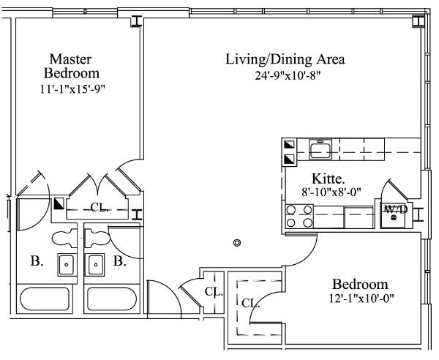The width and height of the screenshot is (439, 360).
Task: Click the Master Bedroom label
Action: point(72,67)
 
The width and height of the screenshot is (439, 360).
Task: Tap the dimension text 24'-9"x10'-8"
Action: point(288,75)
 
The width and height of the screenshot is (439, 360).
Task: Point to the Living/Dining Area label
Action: point(285,59)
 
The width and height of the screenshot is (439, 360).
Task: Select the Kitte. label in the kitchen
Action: point(328,179)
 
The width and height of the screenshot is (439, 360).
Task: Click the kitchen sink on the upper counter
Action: point(320,149)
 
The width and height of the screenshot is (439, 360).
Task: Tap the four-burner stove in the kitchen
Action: point(299,217)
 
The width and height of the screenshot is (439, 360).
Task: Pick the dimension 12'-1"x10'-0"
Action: point(361,299)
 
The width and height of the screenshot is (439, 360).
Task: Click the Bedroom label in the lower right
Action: point(360,285)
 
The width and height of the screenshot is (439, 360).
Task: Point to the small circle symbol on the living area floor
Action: point(237,243)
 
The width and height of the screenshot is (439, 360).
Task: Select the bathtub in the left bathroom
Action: point(45,299)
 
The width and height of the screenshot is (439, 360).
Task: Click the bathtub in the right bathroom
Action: point(112,299)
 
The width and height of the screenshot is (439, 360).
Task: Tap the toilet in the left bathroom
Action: point(64,239)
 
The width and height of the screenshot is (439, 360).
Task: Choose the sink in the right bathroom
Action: point(95,265)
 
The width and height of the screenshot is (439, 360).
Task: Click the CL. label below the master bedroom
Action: point(100,208)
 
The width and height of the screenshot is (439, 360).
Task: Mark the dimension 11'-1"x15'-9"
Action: point(72,89)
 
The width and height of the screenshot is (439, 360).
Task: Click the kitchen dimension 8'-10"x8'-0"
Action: point(331,192)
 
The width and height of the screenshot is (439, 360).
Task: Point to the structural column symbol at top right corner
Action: point(419,22)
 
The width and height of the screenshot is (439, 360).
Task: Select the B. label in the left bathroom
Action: point(37,261)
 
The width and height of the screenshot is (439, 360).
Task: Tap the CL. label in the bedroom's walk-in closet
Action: point(250,303)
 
